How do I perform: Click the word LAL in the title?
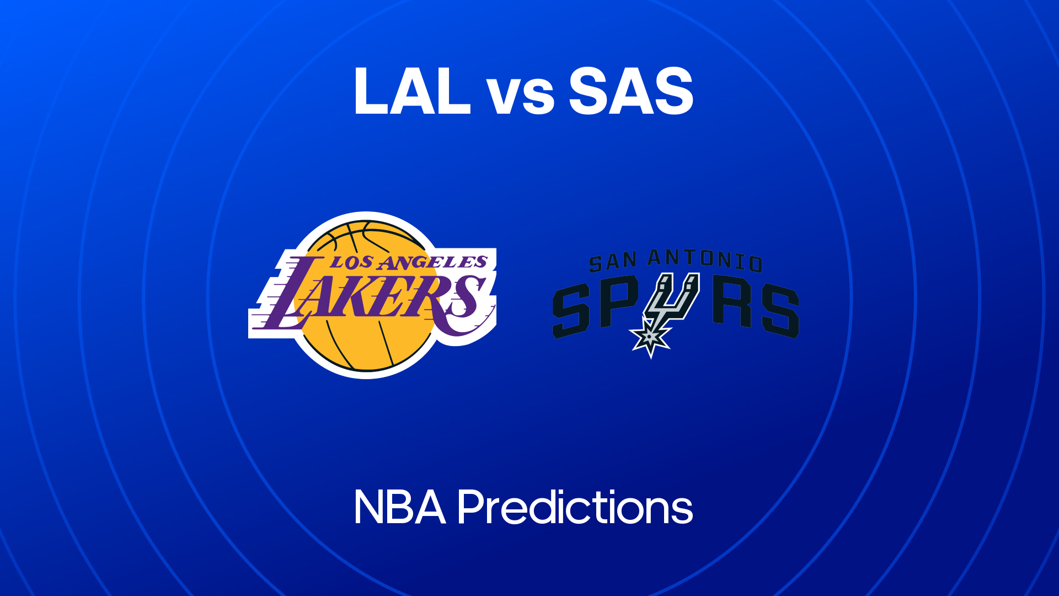click(413, 91)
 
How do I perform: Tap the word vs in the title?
click(521, 97)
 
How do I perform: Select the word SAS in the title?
click(631, 91)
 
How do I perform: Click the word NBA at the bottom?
click(400, 507)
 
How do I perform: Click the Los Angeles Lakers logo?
click(372, 295)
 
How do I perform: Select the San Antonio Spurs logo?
click(676, 303)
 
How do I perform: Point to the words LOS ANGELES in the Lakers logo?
click(409, 262)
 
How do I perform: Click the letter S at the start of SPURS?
click(571, 310)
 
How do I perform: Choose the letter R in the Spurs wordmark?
click(732, 304)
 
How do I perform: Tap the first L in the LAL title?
click(371, 91)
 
